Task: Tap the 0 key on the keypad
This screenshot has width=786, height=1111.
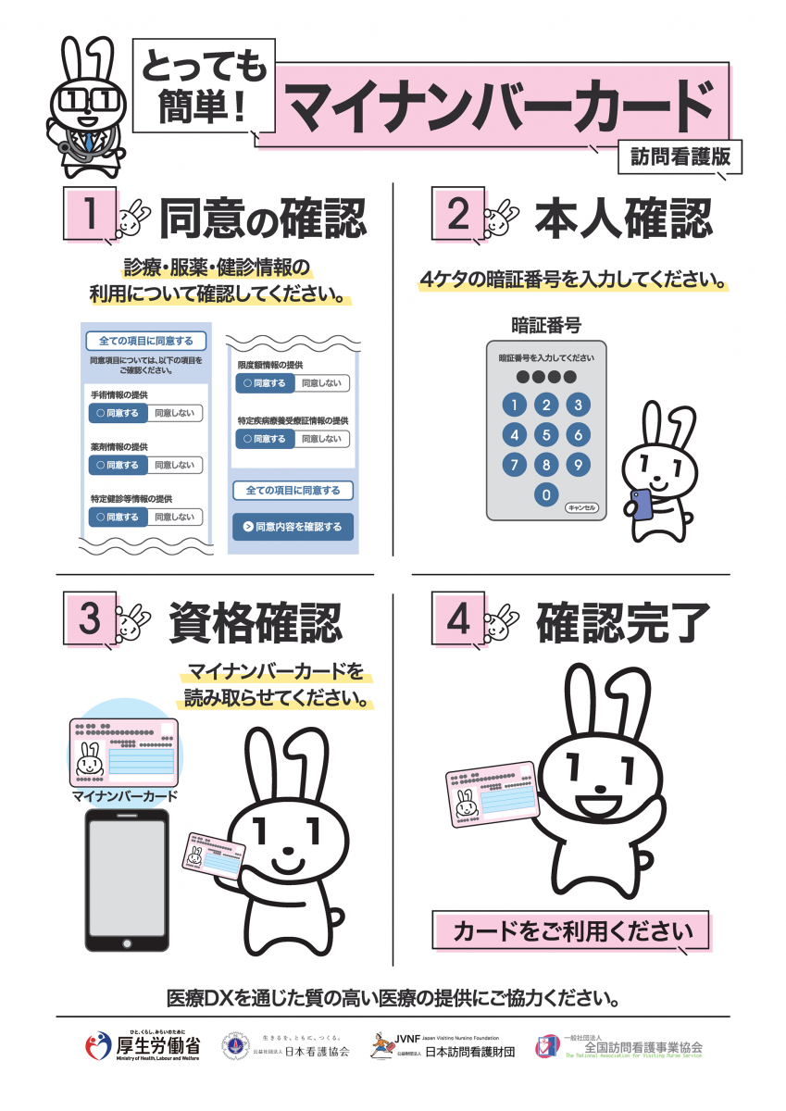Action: click(547, 495)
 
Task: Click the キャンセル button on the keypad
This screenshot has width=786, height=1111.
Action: click(582, 508)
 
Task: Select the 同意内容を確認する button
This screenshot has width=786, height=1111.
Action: click(293, 528)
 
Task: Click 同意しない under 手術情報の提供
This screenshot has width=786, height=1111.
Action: click(175, 414)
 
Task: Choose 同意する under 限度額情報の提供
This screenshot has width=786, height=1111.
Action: click(265, 383)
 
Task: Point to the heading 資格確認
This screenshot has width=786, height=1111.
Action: click(255, 623)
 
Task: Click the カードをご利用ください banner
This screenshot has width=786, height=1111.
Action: click(570, 930)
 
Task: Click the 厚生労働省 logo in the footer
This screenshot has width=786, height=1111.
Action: click(143, 1047)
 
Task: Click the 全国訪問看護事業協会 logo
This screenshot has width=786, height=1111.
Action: click(620, 1047)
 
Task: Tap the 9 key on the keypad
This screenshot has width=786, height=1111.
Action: click(578, 465)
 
